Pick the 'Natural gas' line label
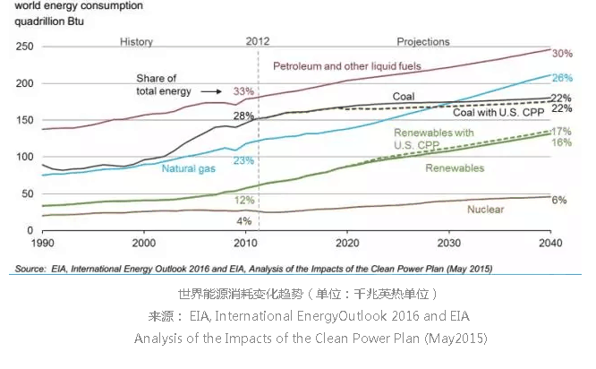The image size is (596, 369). (189, 167)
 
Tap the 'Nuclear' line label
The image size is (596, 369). (486, 210)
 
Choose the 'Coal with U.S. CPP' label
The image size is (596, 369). (497, 112)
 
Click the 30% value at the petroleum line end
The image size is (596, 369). (562, 53)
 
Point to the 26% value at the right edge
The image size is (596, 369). (562, 78)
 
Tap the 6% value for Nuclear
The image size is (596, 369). (559, 200)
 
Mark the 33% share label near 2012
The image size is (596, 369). (243, 91)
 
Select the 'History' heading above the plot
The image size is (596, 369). (136, 41)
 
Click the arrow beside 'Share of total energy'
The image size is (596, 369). (211, 91)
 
